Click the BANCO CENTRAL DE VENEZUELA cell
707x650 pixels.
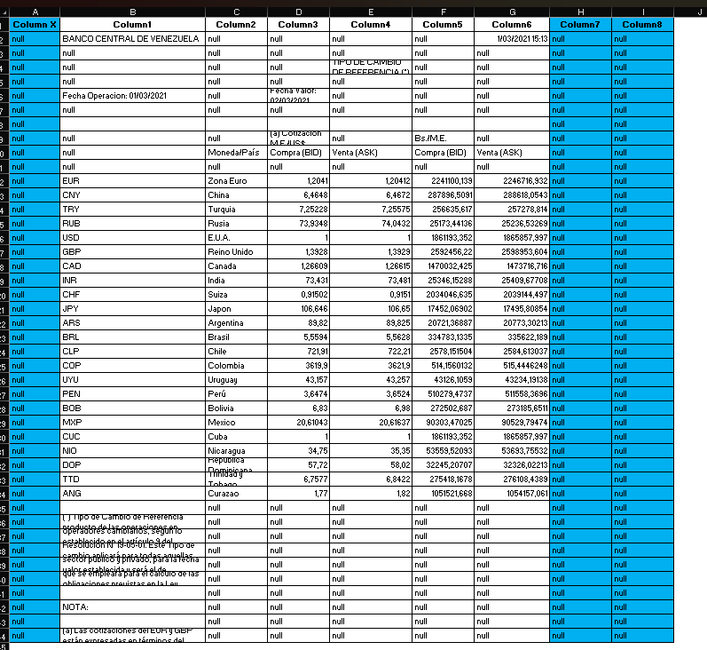coord(130,39)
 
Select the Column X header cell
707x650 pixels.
coord(35,25)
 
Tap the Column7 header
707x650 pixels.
coord(580,25)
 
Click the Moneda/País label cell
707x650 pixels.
coord(234,153)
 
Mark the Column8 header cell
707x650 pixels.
coord(642,25)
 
